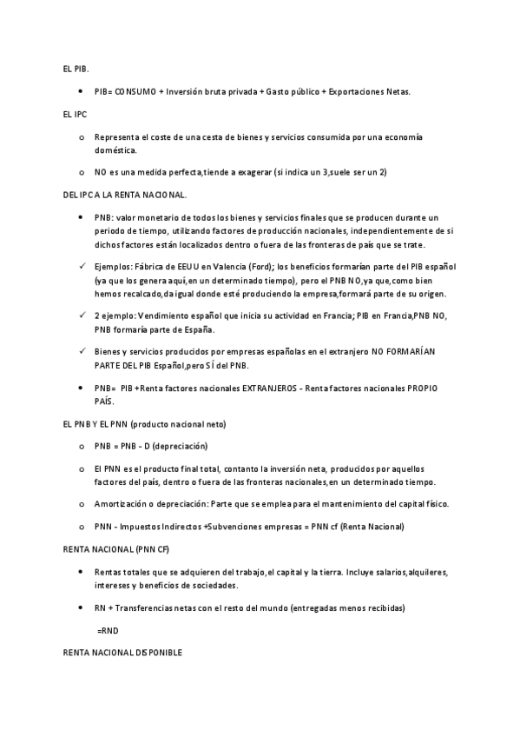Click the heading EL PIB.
click(x=76, y=68)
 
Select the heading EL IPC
click(x=75, y=115)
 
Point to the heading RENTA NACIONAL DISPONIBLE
click(x=122, y=652)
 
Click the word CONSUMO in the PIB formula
click(x=135, y=91)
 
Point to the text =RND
click(x=107, y=627)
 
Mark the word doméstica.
click(x=117, y=150)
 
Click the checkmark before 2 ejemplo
click(x=81, y=315)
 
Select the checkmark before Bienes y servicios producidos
click(x=81, y=349)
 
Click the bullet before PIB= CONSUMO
click(x=81, y=91)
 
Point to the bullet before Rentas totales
click(x=81, y=573)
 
